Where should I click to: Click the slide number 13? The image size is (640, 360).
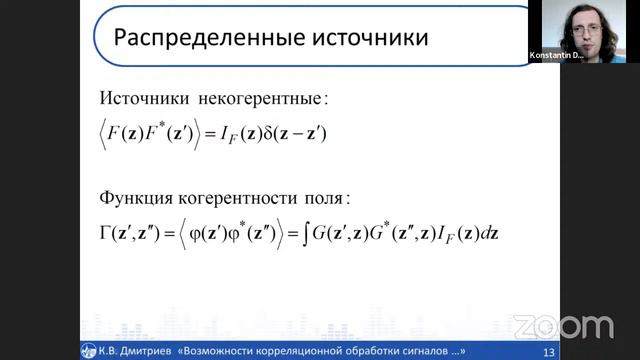point(547,352)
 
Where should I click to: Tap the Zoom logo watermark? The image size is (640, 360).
point(562,326)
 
